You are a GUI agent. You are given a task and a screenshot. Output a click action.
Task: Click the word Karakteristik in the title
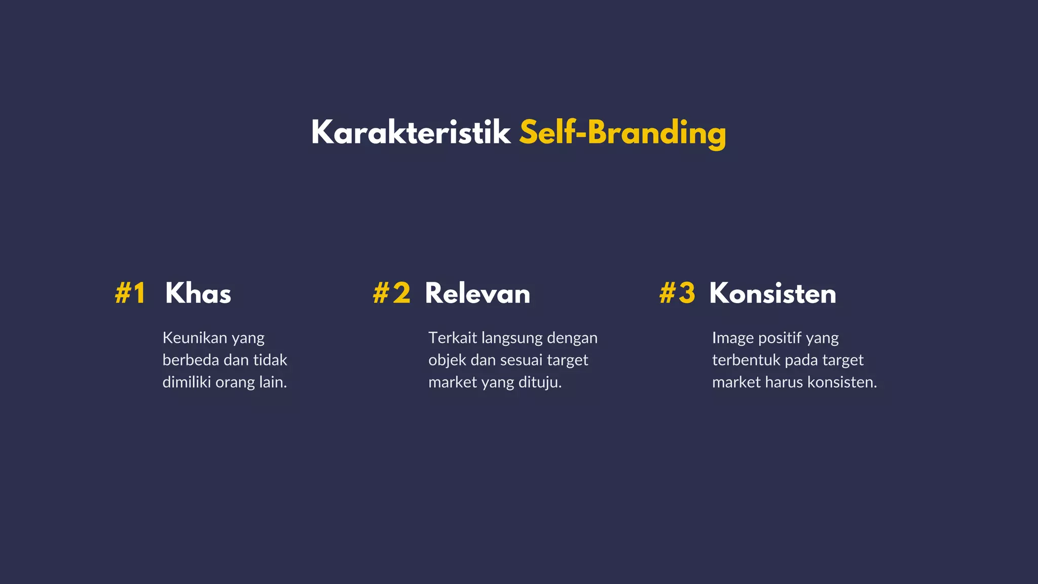pyautogui.click(x=411, y=133)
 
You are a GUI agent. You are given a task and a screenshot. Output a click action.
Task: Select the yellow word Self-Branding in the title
pyautogui.click(x=622, y=133)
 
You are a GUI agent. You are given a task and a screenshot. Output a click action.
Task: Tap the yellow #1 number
pyautogui.click(x=130, y=294)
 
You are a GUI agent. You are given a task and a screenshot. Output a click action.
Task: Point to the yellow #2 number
pyautogui.click(x=391, y=294)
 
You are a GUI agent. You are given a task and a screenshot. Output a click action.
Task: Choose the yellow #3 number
pyautogui.click(x=677, y=294)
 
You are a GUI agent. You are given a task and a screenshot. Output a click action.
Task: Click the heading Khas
pyautogui.click(x=198, y=294)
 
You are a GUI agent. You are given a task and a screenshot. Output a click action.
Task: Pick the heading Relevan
pyautogui.click(x=477, y=294)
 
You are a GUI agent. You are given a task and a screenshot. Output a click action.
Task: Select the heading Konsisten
pyautogui.click(x=772, y=294)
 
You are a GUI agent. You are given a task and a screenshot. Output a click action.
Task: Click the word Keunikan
pyautogui.click(x=195, y=338)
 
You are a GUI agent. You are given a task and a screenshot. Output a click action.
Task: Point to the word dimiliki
pyautogui.click(x=187, y=382)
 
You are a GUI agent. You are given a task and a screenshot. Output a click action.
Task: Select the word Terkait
pyautogui.click(x=452, y=338)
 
